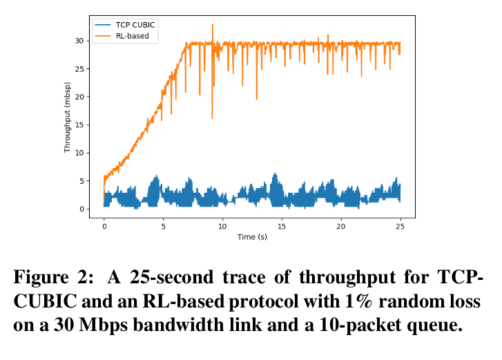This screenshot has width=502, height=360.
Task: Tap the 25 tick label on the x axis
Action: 400,225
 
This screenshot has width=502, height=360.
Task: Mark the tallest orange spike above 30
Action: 213,25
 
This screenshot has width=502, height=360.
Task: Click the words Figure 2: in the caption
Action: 51,278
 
